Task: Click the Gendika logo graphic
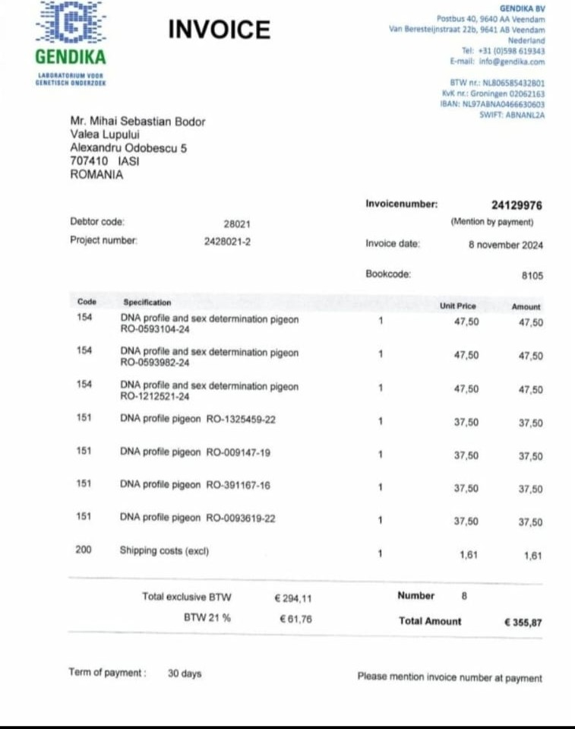(x=71, y=23)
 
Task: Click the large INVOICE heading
(x=219, y=30)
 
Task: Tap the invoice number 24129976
(x=517, y=205)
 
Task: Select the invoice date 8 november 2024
(x=506, y=245)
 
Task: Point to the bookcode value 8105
(x=532, y=277)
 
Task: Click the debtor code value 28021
(x=237, y=224)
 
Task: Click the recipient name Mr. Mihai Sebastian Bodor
(x=137, y=122)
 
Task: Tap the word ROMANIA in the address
(x=96, y=174)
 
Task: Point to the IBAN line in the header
(x=492, y=104)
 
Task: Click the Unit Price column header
(x=458, y=306)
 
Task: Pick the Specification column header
(x=147, y=303)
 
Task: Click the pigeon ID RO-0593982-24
(x=155, y=363)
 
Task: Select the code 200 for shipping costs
(x=84, y=550)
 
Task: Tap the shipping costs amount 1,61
(x=533, y=556)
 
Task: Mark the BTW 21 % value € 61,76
(x=295, y=619)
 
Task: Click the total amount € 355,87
(x=523, y=622)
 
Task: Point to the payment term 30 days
(x=185, y=674)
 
